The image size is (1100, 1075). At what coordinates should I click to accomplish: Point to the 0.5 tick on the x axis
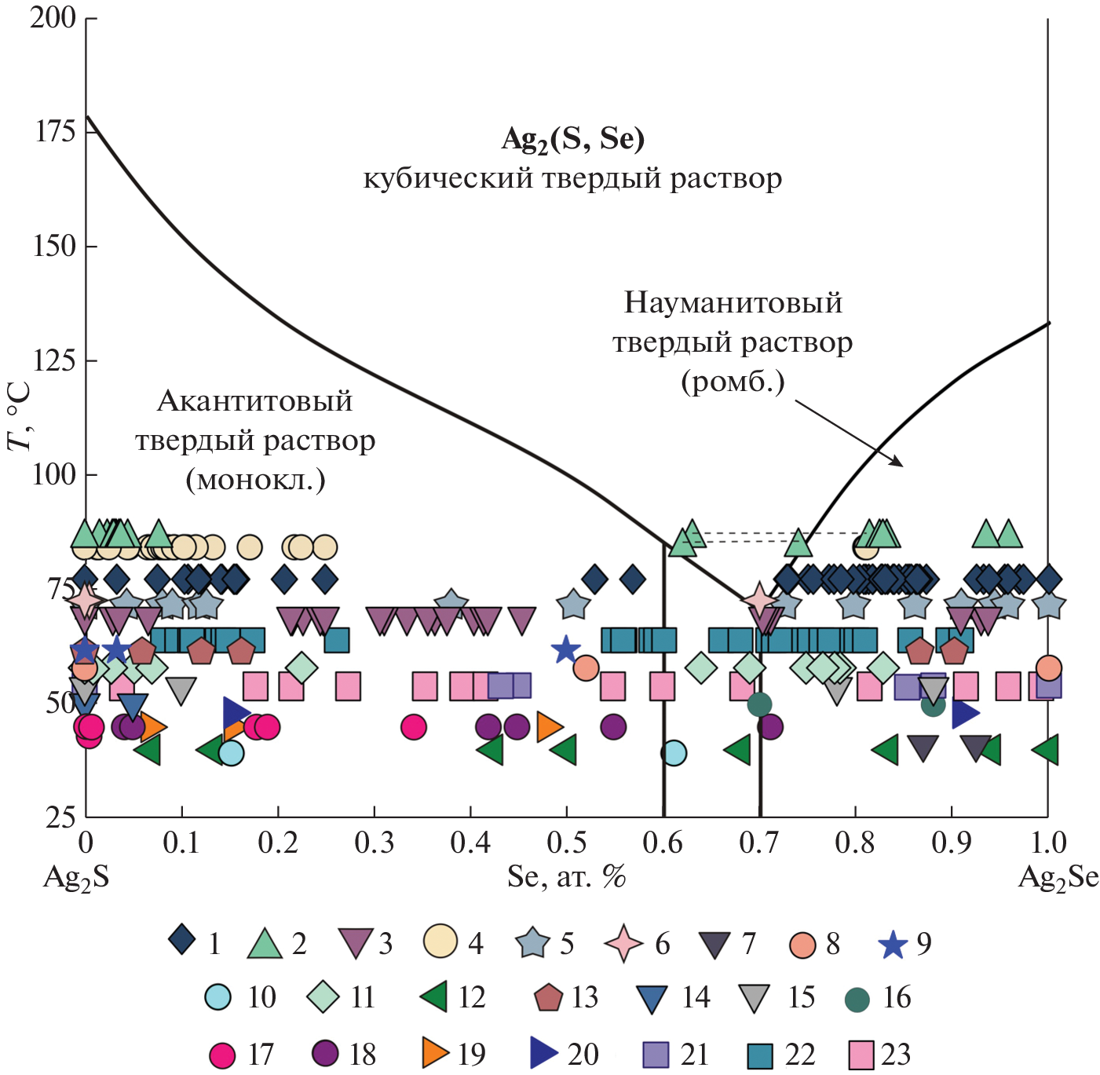coord(566,843)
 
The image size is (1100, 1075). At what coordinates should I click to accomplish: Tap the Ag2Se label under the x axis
coord(1058,877)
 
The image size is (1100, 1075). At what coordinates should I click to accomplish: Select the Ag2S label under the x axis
coord(76,877)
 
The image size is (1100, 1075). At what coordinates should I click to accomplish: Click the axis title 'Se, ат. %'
coord(566,876)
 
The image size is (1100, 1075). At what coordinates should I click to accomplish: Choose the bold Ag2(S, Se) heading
coord(572,139)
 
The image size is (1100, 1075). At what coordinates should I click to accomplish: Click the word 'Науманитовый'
coord(733,302)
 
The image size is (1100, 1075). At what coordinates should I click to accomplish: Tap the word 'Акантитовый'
coord(255,401)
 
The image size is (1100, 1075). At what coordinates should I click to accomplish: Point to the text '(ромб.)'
coord(733,382)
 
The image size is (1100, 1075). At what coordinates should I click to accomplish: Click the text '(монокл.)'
coord(255,479)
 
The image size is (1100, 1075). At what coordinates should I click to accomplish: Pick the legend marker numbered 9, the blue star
coord(893,944)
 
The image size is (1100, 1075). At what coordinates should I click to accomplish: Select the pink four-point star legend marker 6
coord(624,943)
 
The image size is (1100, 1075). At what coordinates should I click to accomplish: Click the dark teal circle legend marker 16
coord(857,1000)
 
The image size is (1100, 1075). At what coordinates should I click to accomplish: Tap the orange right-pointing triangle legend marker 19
coord(435,1053)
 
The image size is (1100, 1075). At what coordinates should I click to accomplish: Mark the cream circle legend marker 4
coord(440,942)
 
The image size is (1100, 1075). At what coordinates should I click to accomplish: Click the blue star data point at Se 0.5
coord(565,649)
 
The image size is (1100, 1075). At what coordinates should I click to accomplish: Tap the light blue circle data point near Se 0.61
coord(674,753)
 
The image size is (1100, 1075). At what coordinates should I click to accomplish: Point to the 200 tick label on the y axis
coord(53,17)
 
